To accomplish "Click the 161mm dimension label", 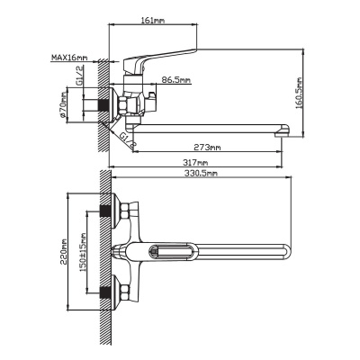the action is [152, 21].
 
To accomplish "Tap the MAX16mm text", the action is [69, 57].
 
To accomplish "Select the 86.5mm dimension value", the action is [176, 80].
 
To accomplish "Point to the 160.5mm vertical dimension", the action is [299, 93].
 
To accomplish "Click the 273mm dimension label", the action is [207, 147].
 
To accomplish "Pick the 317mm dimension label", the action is [195, 163].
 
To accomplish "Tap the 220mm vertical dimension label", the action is [64, 251].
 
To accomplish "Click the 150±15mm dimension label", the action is [83, 252].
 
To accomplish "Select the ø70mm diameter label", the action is [63, 105].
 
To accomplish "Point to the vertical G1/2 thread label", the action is [79, 76].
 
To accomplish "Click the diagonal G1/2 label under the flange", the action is [128, 140].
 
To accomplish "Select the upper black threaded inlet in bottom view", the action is [104, 211].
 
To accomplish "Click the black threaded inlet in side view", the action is [103, 105].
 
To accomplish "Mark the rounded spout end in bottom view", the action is [286, 251].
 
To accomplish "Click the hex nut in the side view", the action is [124, 105].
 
